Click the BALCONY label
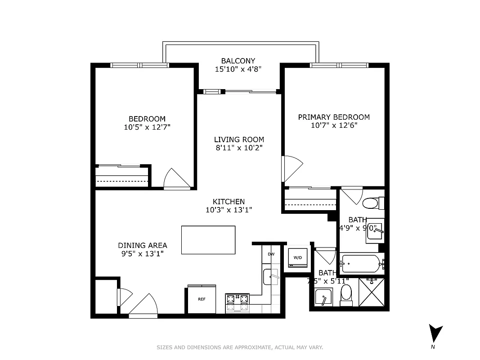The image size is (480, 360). click(238, 61)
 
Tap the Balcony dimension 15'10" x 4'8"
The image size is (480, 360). click(238, 69)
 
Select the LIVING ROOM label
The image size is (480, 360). click(239, 139)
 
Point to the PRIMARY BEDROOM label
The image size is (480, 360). click(334, 117)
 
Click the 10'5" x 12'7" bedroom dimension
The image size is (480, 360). click(147, 127)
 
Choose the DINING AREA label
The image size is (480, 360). click(143, 245)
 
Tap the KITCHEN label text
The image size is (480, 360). click(229, 202)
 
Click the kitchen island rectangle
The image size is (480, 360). click(208, 240)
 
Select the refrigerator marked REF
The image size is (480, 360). click(202, 299)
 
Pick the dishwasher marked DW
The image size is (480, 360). click(271, 254)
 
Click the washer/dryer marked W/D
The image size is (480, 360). click(298, 258)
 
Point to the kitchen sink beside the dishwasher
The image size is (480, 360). click(271, 275)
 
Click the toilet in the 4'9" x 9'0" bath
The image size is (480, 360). click(372, 203)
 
